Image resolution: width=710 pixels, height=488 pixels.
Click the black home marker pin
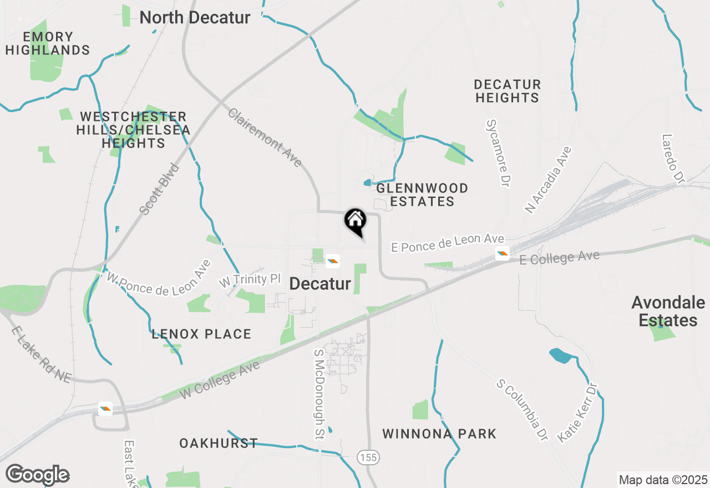[x=356, y=221]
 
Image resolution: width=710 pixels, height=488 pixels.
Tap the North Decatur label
[x=195, y=17]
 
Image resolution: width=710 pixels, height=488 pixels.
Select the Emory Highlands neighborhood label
[x=48, y=43]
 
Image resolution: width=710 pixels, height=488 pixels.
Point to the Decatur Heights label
[x=507, y=91]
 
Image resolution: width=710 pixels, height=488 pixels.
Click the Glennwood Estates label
[x=422, y=195]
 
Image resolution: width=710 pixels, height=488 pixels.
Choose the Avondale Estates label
[x=668, y=311]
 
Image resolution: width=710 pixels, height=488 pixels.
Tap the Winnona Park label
[x=439, y=434]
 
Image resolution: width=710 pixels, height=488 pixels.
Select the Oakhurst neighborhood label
[x=219, y=443]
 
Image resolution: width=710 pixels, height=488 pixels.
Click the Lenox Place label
[x=202, y=334]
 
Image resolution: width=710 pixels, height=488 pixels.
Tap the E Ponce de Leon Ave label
[x=448, y=242]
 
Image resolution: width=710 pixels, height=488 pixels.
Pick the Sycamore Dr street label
[x=498, y=152]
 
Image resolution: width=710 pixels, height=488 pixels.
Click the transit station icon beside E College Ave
[x=503, y=254]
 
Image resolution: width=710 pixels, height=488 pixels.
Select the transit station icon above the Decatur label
[x=333, y=261]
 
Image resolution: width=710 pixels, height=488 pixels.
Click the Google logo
[x=37, y=475]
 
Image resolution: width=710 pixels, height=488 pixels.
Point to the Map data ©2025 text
[x=663, y=480]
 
